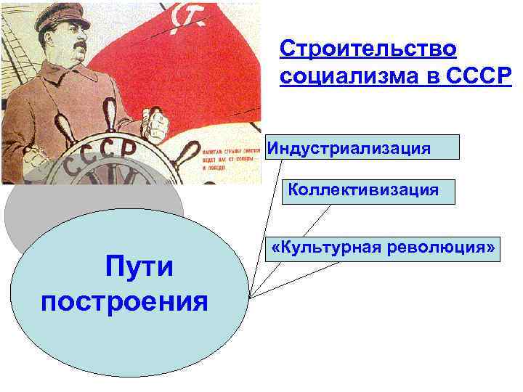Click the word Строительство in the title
(368, 49)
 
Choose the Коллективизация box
(368, 192)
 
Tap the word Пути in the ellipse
(139, 266)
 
